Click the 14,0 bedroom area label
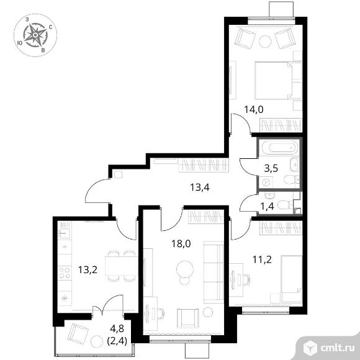pos(253,109)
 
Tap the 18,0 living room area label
pos(181,243)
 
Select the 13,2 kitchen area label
pos(88,269)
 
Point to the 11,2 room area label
pos(262,259)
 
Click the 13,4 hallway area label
pos(200,187)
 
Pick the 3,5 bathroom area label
pos(271,168)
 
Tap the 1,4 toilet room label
pos(268,207)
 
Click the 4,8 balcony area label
pos(117,328)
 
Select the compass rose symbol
pos(35,35)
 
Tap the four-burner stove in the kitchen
pos(65,272)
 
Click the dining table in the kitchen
pos(122,266)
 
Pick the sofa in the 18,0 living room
pos(214,272)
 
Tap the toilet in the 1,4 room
pos(285,205)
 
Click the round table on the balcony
pos(96,341)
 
